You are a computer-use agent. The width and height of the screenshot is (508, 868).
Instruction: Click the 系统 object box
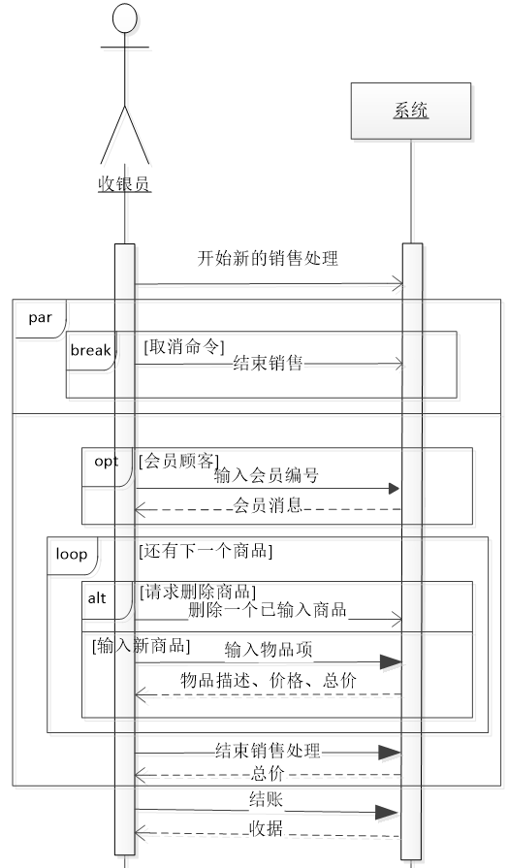click(x=411, y=112)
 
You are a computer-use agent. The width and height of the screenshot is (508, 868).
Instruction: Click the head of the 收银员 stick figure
click(x=124, y=18)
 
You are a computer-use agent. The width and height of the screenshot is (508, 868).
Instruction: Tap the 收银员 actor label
click(x=124, y=183)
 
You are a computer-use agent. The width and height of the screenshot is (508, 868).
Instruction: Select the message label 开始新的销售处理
click(x=268, y=258)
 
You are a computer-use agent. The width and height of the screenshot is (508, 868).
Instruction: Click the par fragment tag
click(x=40, y=317)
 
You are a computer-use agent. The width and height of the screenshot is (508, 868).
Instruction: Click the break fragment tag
click(x=90, y=349)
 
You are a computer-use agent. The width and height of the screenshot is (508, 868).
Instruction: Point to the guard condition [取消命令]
click(x=184, y=346)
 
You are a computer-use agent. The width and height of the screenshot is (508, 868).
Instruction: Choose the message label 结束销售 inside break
click(x=268, y=364)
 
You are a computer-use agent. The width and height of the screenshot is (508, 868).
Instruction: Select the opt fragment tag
click(x=106, y=462)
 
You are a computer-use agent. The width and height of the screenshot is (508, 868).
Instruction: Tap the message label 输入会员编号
click(x=267, y=475)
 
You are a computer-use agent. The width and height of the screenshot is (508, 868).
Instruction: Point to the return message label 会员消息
click(x=268, y=504)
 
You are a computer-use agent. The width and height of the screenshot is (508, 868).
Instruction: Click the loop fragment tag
click(x=71, y=554)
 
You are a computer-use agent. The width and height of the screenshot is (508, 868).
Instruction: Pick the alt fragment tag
click(x=97, y=598)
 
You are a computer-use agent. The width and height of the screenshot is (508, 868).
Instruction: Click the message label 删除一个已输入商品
click(x=268, y=612)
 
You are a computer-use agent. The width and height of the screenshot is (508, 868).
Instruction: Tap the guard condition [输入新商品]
click(x=141, y=646)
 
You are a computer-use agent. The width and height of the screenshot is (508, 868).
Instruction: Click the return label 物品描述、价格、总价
click(x=268, y=681)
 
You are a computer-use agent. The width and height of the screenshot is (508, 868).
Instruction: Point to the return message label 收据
click(x=267, y=828)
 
